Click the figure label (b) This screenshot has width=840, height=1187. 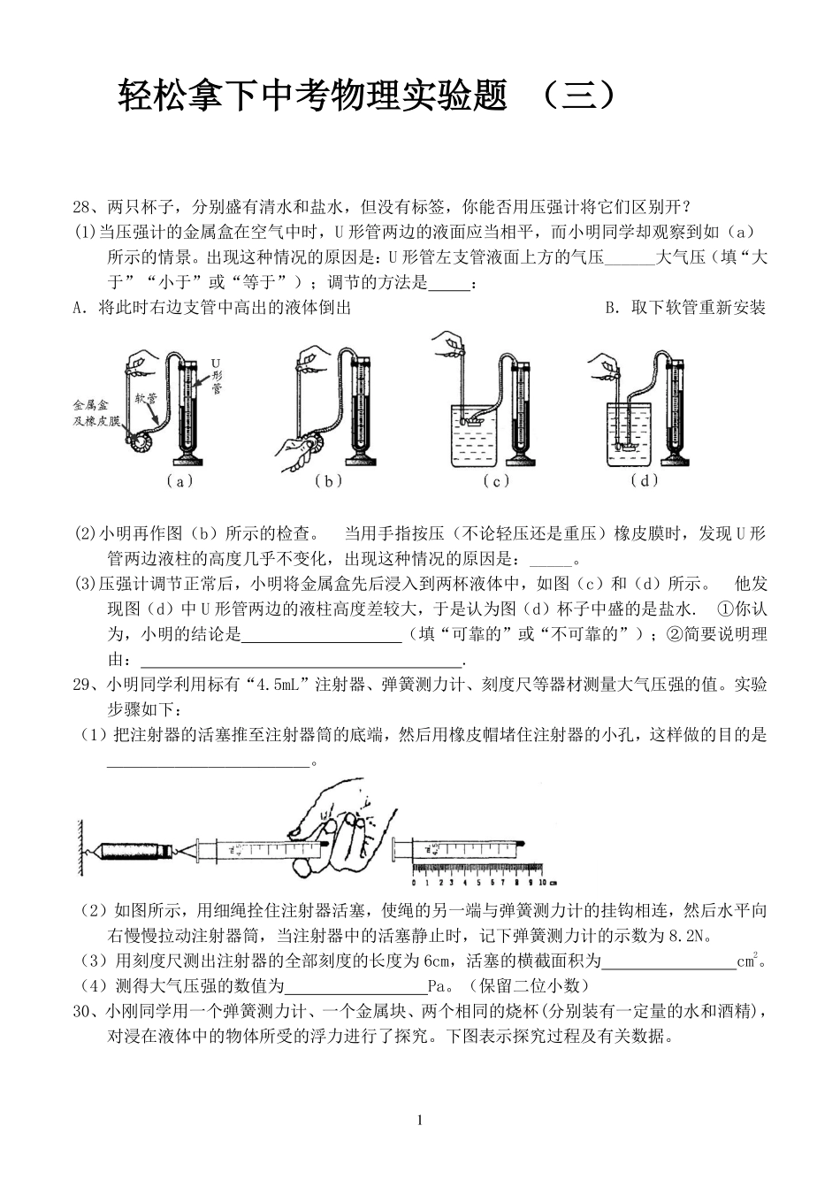[x=328, y=482]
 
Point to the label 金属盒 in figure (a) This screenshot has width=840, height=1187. [x=90, y=403]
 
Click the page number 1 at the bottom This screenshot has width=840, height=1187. [x=419, y=1121]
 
